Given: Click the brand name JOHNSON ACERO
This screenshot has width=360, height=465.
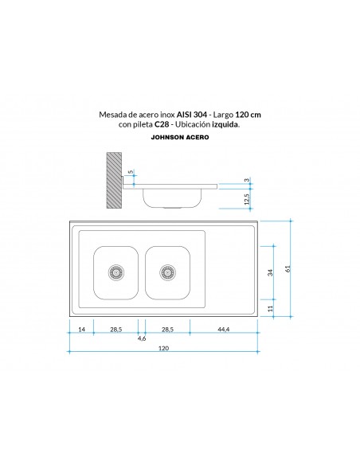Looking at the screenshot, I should click(x=179, y=137).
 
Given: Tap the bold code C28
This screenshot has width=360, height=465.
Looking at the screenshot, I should click(x=163, y=124).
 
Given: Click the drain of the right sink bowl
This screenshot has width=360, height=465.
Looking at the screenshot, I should click(x=167, y=271).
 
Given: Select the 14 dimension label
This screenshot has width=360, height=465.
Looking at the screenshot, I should click(x=82, y=328).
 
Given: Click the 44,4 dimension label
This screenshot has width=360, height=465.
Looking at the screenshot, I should click(x=223, y=328).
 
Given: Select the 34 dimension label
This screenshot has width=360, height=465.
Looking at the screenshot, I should click(x=271, y=272).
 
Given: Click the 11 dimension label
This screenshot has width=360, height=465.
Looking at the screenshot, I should click(x=271, y=307).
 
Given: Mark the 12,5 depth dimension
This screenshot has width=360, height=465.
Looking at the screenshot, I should click(x=247, y=197).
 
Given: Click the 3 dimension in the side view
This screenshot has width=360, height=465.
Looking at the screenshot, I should click(x=247, y=181).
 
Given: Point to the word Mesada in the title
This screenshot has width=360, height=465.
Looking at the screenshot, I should click(x=115, y=114).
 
